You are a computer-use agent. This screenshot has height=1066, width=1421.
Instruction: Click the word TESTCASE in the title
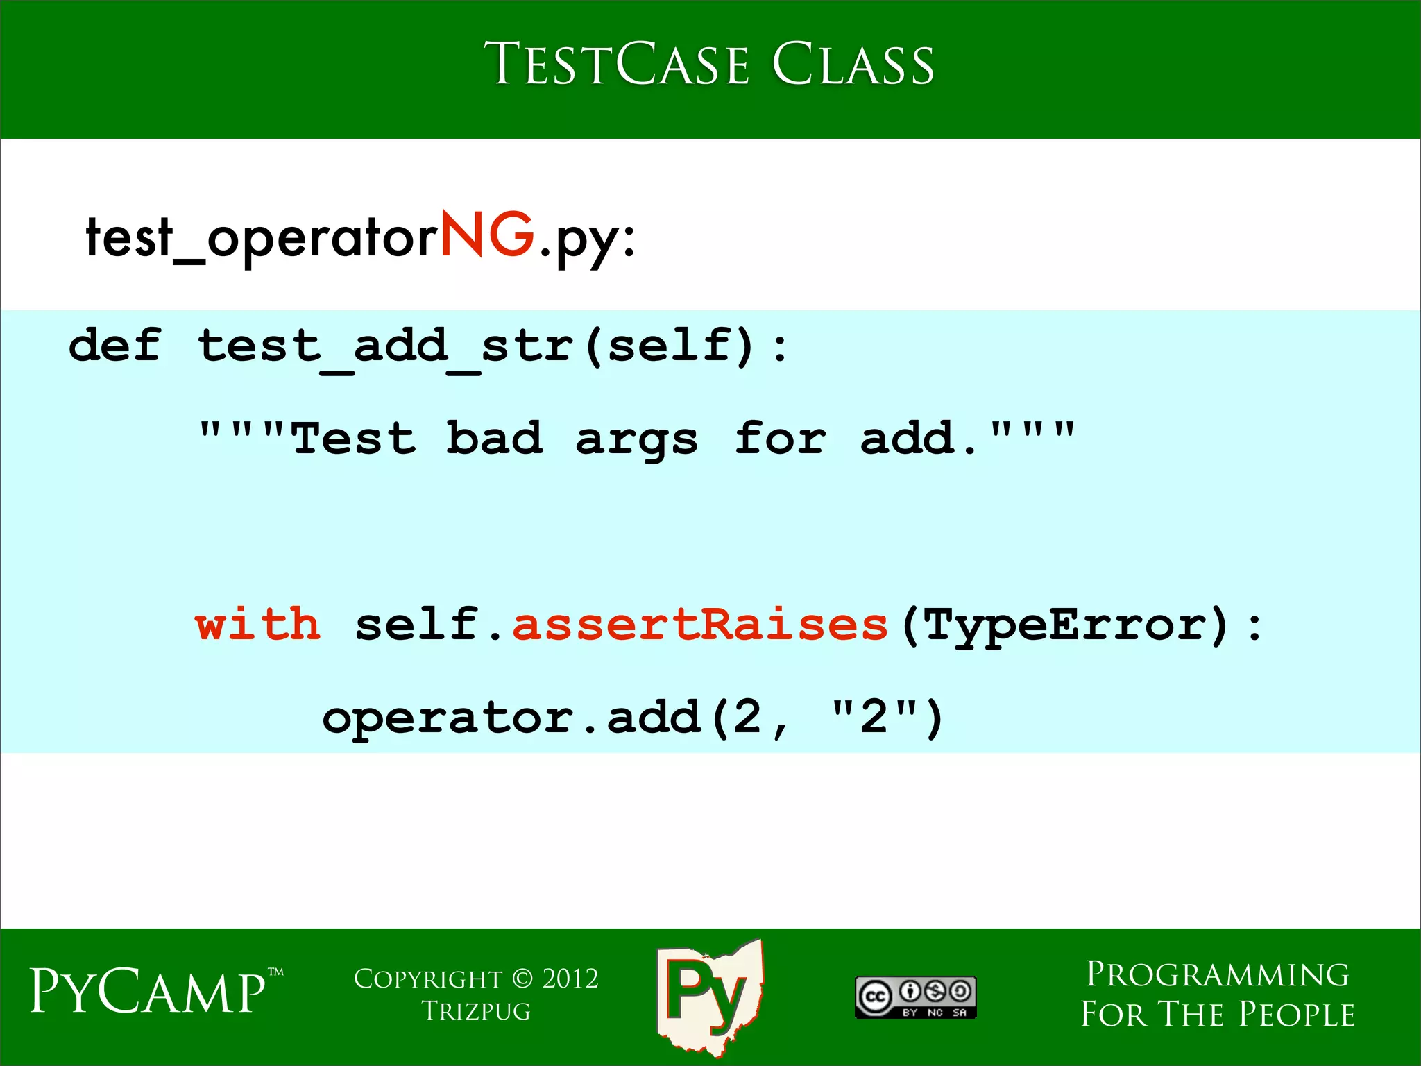coord(617,64)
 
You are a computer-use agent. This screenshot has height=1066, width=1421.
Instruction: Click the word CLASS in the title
coord(853,64)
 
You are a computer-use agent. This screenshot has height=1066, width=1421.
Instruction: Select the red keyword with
coord(257,623)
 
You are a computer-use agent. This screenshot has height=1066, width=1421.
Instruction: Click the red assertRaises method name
coord(699,624)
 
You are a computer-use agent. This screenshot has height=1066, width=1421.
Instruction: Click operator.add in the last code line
coord(511,717)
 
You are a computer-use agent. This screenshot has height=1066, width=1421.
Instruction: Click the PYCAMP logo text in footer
coord(148,991)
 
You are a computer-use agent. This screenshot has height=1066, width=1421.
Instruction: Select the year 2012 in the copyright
coord(570,979)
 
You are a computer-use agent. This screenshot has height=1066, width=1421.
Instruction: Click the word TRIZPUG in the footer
coord(476,1011)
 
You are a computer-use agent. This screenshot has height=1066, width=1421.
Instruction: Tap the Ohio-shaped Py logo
coord(708,996)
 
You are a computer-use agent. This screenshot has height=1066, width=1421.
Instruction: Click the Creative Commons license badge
coord(915,997)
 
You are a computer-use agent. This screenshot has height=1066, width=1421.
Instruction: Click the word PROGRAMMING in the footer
coord(1217,974)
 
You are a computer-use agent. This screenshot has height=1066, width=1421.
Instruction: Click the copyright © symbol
coord(522,979)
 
